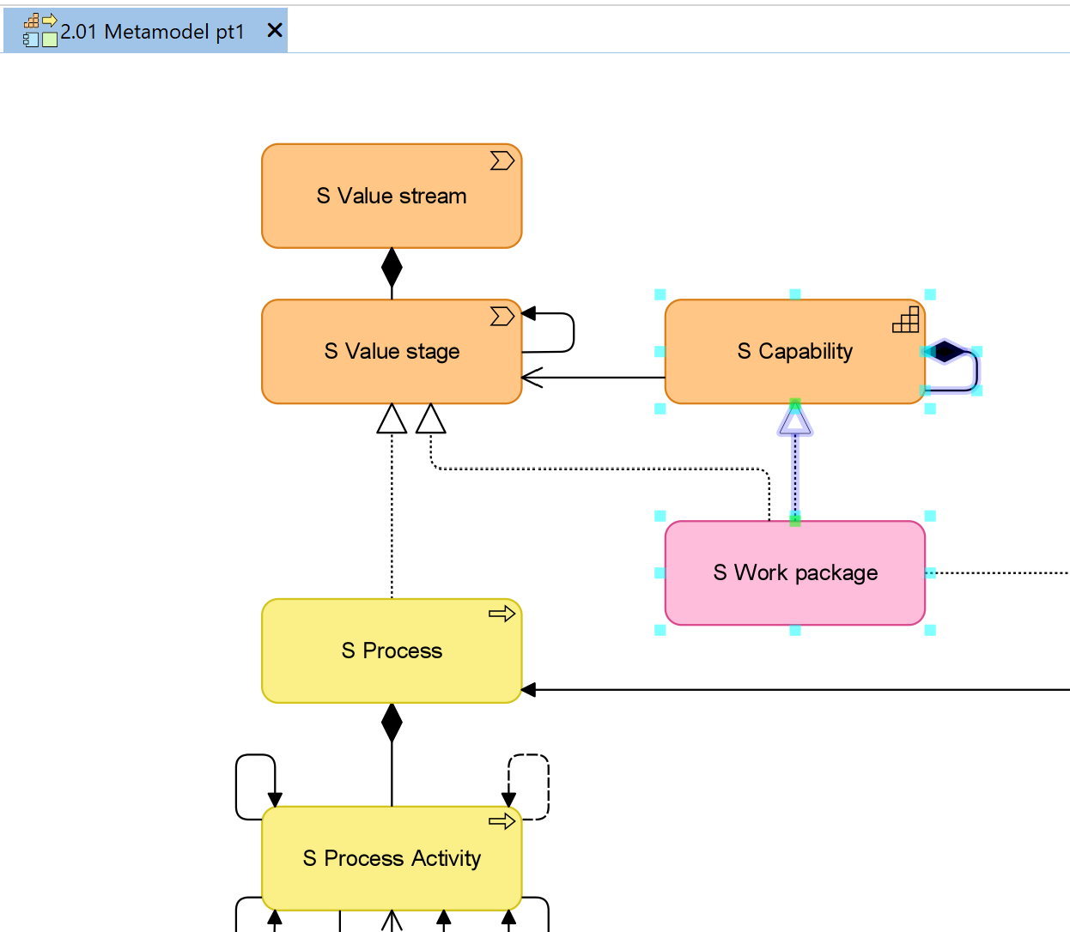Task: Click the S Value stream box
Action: [392, 196]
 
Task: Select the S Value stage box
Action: [392, 352]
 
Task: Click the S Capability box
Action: [795, 352]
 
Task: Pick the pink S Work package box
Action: [795, 572]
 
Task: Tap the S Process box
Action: [392, 651]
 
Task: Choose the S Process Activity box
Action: [392, 858]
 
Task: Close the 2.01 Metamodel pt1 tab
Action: [275, 30]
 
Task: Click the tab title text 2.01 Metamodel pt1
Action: [152, 32]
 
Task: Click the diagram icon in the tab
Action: [40, 30]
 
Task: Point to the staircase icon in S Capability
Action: [906, 319]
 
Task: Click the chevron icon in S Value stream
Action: [502, 160]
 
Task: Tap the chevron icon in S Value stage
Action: [502, 316]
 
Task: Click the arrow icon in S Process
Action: [502, 614]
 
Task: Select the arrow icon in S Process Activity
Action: [502, 821]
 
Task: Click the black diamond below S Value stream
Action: [392, 267]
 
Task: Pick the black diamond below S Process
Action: [392, 723]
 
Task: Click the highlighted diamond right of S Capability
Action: [945, 352]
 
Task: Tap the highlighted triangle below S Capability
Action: [795, 419]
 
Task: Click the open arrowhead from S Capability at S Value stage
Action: [532, 378]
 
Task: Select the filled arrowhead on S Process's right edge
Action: [528, 690]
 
